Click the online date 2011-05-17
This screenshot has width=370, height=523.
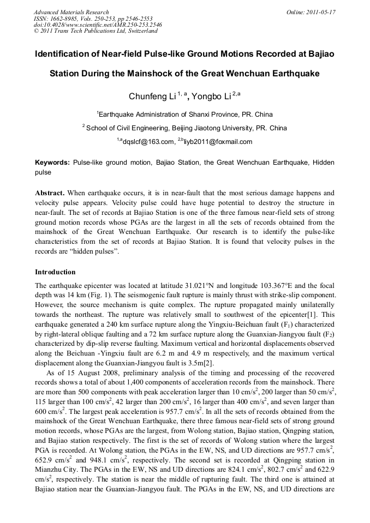coord(319,12)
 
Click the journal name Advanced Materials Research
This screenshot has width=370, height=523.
coord(71,12)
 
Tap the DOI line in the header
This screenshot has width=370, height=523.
coord(98,25)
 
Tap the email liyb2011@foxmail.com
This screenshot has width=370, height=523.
coord(218,142)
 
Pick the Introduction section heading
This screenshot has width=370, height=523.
coord(55,272)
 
